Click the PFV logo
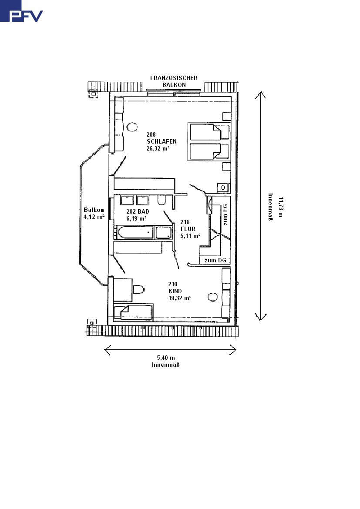pyautogui.click(x=21, y=11)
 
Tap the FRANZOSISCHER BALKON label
pyautogui.click(x=174, y=81)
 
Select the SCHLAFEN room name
pyautogui.click(x=162, y=141)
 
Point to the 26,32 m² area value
pyautogui.click(x=158, y=149)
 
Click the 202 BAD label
pyautogui.click(x=138, y=212)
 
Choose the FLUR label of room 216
pyautogui.click(x=188, y=229)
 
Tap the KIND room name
pyautogui.click(x=175, y=291)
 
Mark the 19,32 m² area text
pyautogui.click(x=180, y=298)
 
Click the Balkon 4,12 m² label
pyautogui.click(x=94, y=213)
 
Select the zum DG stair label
pyautogui.click(x=215, y=260)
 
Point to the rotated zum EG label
pyautogui.click(x=225, y=215)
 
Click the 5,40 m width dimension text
pyautogui.click(x=166, y=358)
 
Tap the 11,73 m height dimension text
pyautogui.click(x=281, y=207)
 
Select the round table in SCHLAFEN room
pyautogui.click(x=132, y=127)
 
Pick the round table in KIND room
pyautogui.click(x=213, y=297)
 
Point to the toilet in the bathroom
pyautogui.click(x=162, y=200)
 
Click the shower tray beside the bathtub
pyautogui.click(x=163, y=232)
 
